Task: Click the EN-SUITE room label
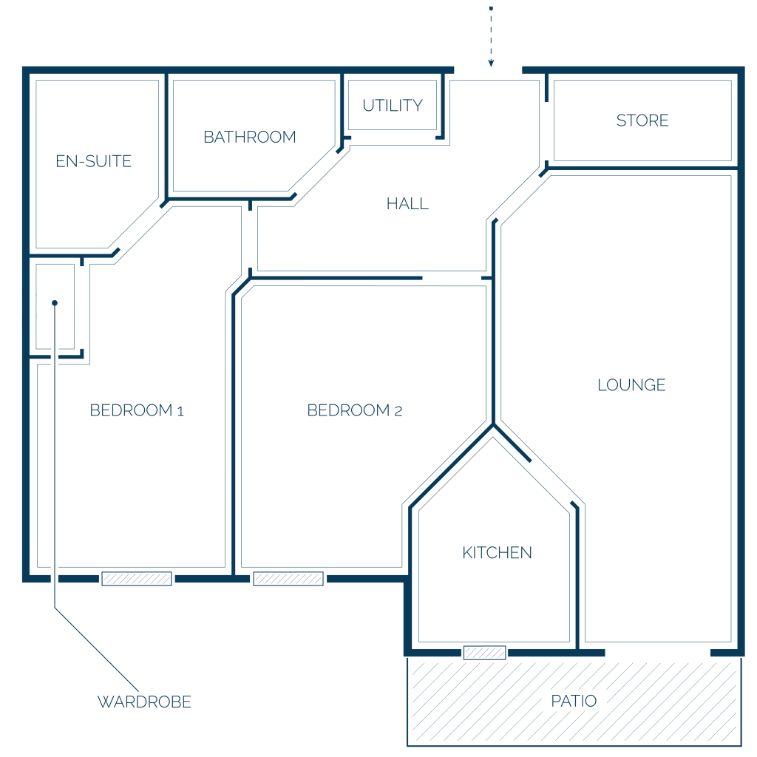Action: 93,160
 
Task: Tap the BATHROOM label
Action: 250,137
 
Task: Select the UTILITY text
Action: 393,105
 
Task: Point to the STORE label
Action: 642,120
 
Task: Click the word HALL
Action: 407,204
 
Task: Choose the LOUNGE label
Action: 631,384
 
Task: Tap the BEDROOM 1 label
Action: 137,410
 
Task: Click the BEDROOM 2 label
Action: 354,410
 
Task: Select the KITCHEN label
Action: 497,552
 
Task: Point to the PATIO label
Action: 574,701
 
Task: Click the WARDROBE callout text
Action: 144,702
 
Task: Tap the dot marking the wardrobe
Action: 55,302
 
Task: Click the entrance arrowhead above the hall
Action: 491,64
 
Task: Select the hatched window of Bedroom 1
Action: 137,578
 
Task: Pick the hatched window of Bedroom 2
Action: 288,578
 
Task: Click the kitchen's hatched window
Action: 485,653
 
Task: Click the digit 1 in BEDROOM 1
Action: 180,411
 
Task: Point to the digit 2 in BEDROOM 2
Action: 398,411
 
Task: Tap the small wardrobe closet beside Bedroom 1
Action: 55,307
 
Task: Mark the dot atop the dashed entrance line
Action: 491,8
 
